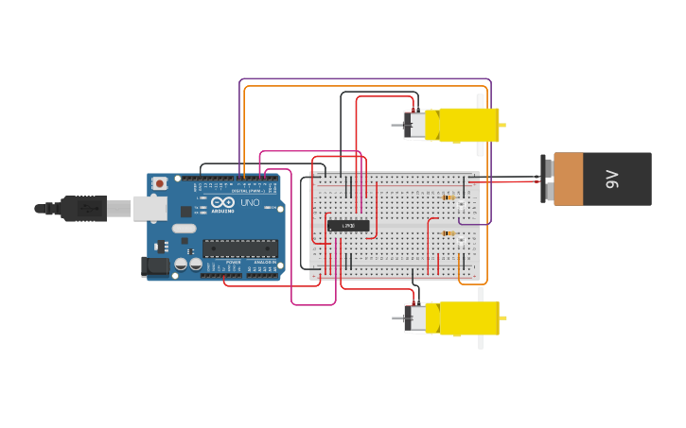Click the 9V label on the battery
coord(612,179)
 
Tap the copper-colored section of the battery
coord(568,179)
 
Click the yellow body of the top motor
coord(461,125)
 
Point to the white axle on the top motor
coord(481,125)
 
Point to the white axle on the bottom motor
coord(481,318)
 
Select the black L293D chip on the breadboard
coord(348,225)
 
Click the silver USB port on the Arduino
coord(150,208)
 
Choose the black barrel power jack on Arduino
coord(156,267)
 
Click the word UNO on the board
coord(250,203)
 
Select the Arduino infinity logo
coord(223,202)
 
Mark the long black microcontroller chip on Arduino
coord(239,248)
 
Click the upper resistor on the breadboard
coord(449,197)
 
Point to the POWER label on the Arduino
coord(233,262)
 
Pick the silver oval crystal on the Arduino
coord(184,228)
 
